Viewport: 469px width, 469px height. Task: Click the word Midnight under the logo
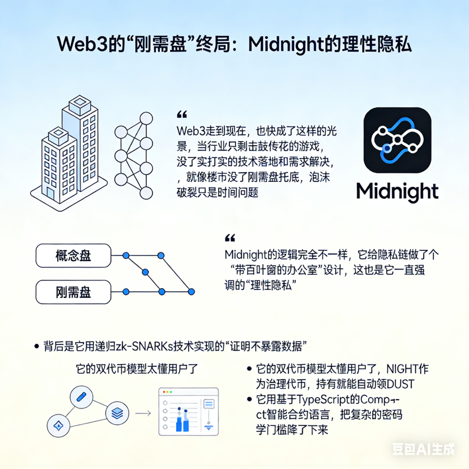[x=397, y=191]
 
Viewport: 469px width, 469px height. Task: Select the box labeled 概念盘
[x=73, y=255]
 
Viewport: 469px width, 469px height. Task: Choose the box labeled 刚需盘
[x=73, y=292]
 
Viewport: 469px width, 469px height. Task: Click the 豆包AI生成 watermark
[x=424, y=450]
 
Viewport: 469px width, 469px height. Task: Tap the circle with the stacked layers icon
[x=117, y=412]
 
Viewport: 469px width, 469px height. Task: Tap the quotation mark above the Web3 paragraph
[x=181, y=114]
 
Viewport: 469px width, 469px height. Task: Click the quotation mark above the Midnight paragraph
[x=230, y=238]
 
